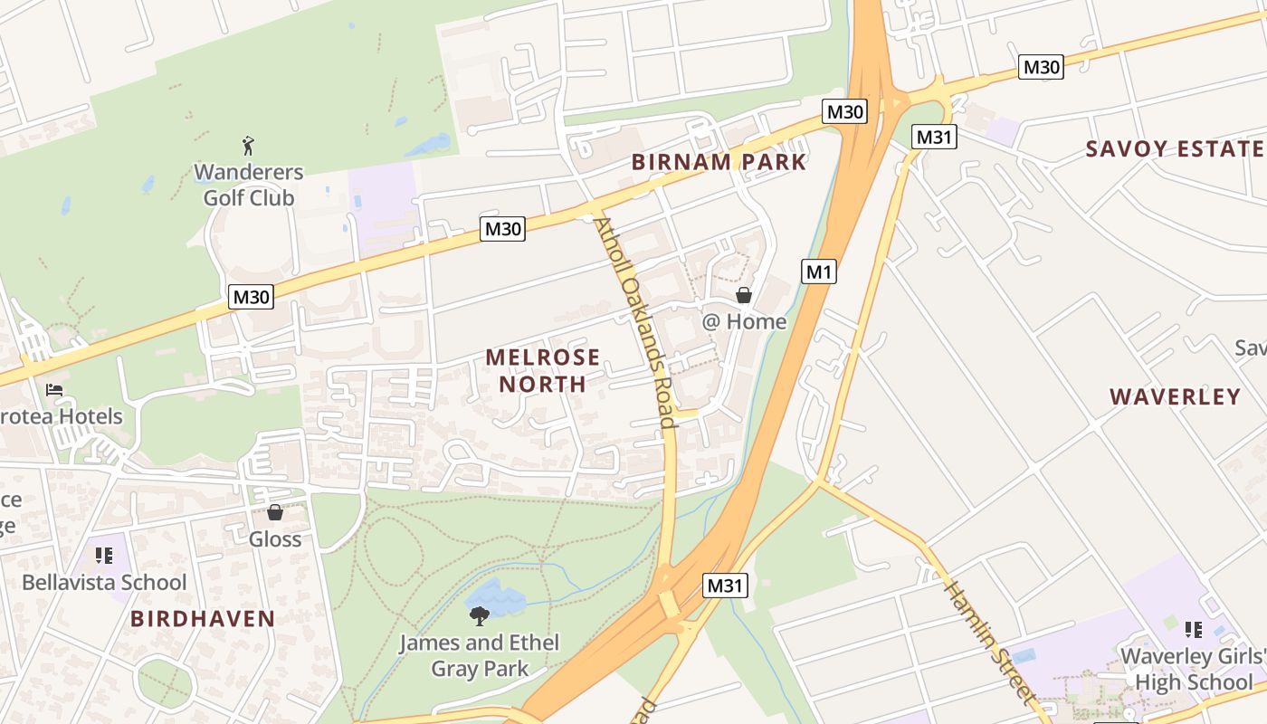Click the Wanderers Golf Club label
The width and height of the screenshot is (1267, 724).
click(x=249, y=185)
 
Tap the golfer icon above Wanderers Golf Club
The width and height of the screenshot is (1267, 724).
click(x=248, y=145)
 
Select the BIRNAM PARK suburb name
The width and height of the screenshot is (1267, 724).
click(x=719, y=162)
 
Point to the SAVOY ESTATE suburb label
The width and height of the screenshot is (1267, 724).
click(x=1175, y=149)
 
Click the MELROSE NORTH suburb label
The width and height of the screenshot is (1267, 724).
click(x=543, y=370)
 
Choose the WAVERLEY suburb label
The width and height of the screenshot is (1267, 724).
click(x=1175, y=396)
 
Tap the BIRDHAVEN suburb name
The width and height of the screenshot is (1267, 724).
click(x=203, y=619)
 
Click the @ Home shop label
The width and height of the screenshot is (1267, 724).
click(x=744, y=321)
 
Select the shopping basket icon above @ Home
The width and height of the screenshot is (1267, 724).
click(x=744, y=295)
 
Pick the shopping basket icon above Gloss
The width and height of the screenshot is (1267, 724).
click(x=275, y=513)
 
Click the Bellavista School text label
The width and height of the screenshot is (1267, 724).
click(x=104, y=582)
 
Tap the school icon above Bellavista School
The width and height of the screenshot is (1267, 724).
click(x=104, y=555)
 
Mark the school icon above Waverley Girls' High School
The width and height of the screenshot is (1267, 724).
click(x=1194, y=629)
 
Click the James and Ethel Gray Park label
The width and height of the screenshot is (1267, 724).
click(x=480, y=656)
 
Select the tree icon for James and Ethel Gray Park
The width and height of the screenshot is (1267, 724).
click(x=480, y=616)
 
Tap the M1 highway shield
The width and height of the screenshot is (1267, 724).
click(x=818, y=271)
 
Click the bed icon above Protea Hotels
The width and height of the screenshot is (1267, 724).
click(x=54, y=390)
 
